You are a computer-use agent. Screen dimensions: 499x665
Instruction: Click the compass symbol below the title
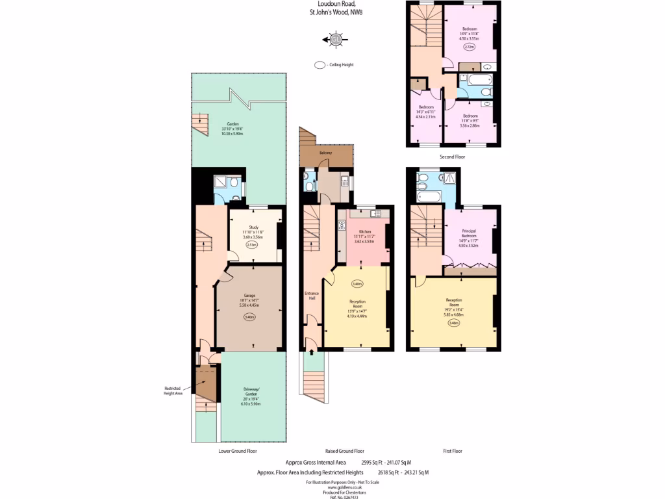336,40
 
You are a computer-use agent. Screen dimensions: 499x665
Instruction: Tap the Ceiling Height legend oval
319,65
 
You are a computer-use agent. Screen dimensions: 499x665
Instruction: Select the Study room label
255,227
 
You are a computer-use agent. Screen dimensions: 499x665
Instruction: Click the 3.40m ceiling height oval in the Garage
249,317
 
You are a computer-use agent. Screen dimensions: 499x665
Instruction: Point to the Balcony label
326,153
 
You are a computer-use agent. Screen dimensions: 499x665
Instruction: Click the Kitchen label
364,231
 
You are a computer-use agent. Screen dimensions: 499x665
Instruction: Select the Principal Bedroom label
468,232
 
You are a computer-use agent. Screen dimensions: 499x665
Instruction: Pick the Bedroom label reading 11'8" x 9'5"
470,116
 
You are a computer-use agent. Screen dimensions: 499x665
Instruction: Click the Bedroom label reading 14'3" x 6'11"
426,107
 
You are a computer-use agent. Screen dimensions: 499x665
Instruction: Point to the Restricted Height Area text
171,390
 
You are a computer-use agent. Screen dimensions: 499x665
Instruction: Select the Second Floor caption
452,157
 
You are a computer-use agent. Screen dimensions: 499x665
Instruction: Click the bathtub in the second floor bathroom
474,81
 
